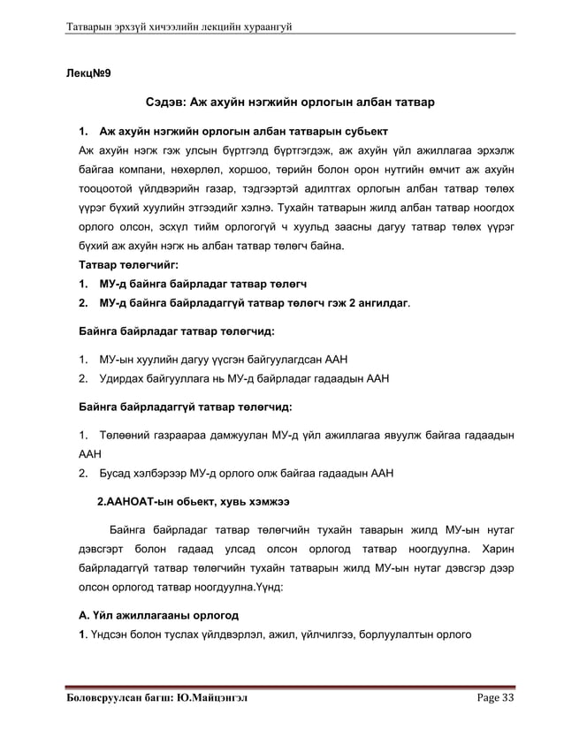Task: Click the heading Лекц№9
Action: pyautogui.click(x=93, y=71)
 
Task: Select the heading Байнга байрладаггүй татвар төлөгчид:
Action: pyautogui.click(x=186, y=407)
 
